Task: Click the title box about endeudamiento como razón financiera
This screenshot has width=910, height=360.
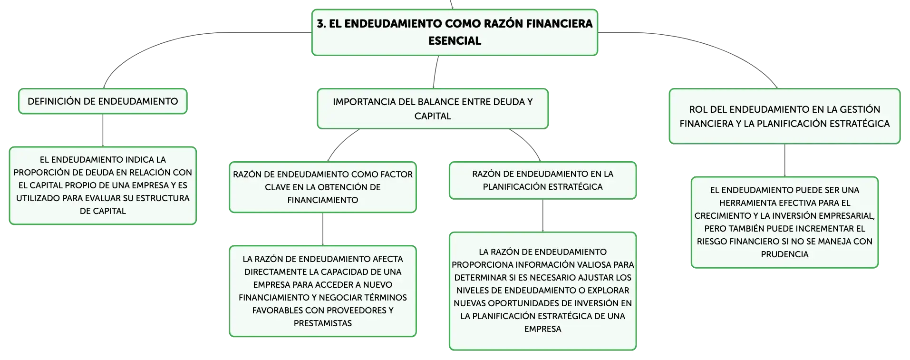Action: click(455, 32)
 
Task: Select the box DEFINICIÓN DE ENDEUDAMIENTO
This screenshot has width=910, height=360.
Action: click(103, 101)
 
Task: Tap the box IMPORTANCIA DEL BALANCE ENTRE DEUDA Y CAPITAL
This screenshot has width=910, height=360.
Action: click(433, 108)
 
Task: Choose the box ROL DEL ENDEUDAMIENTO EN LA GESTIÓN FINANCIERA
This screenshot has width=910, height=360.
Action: click(784, 116)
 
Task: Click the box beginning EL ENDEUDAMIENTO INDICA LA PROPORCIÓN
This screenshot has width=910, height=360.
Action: click(103, 185)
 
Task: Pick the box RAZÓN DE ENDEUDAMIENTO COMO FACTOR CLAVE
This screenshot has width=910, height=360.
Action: click(323, 187)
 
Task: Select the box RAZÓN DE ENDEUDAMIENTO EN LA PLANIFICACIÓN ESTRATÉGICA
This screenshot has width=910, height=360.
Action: click(542, 180)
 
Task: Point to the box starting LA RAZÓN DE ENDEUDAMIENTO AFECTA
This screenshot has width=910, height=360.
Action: click(323, 291)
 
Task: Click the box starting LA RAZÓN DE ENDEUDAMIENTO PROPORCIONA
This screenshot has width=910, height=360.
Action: click(542, 291)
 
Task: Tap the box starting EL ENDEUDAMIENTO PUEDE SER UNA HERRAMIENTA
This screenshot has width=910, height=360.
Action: click(784, 222)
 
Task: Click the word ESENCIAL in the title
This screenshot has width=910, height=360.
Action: click(455, 41)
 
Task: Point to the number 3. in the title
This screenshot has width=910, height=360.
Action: click(321, 24)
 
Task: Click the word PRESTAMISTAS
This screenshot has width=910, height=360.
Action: click(323, 323)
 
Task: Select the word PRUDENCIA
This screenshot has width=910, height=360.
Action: click(784, 254)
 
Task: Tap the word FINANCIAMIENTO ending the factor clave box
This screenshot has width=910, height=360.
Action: click(323, 200)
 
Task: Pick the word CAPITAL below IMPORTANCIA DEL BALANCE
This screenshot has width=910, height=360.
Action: click(433, 116)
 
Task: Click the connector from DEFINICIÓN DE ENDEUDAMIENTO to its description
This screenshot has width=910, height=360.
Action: click(103, 130)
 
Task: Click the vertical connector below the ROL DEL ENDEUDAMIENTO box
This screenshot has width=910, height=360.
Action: click(784, 160)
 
